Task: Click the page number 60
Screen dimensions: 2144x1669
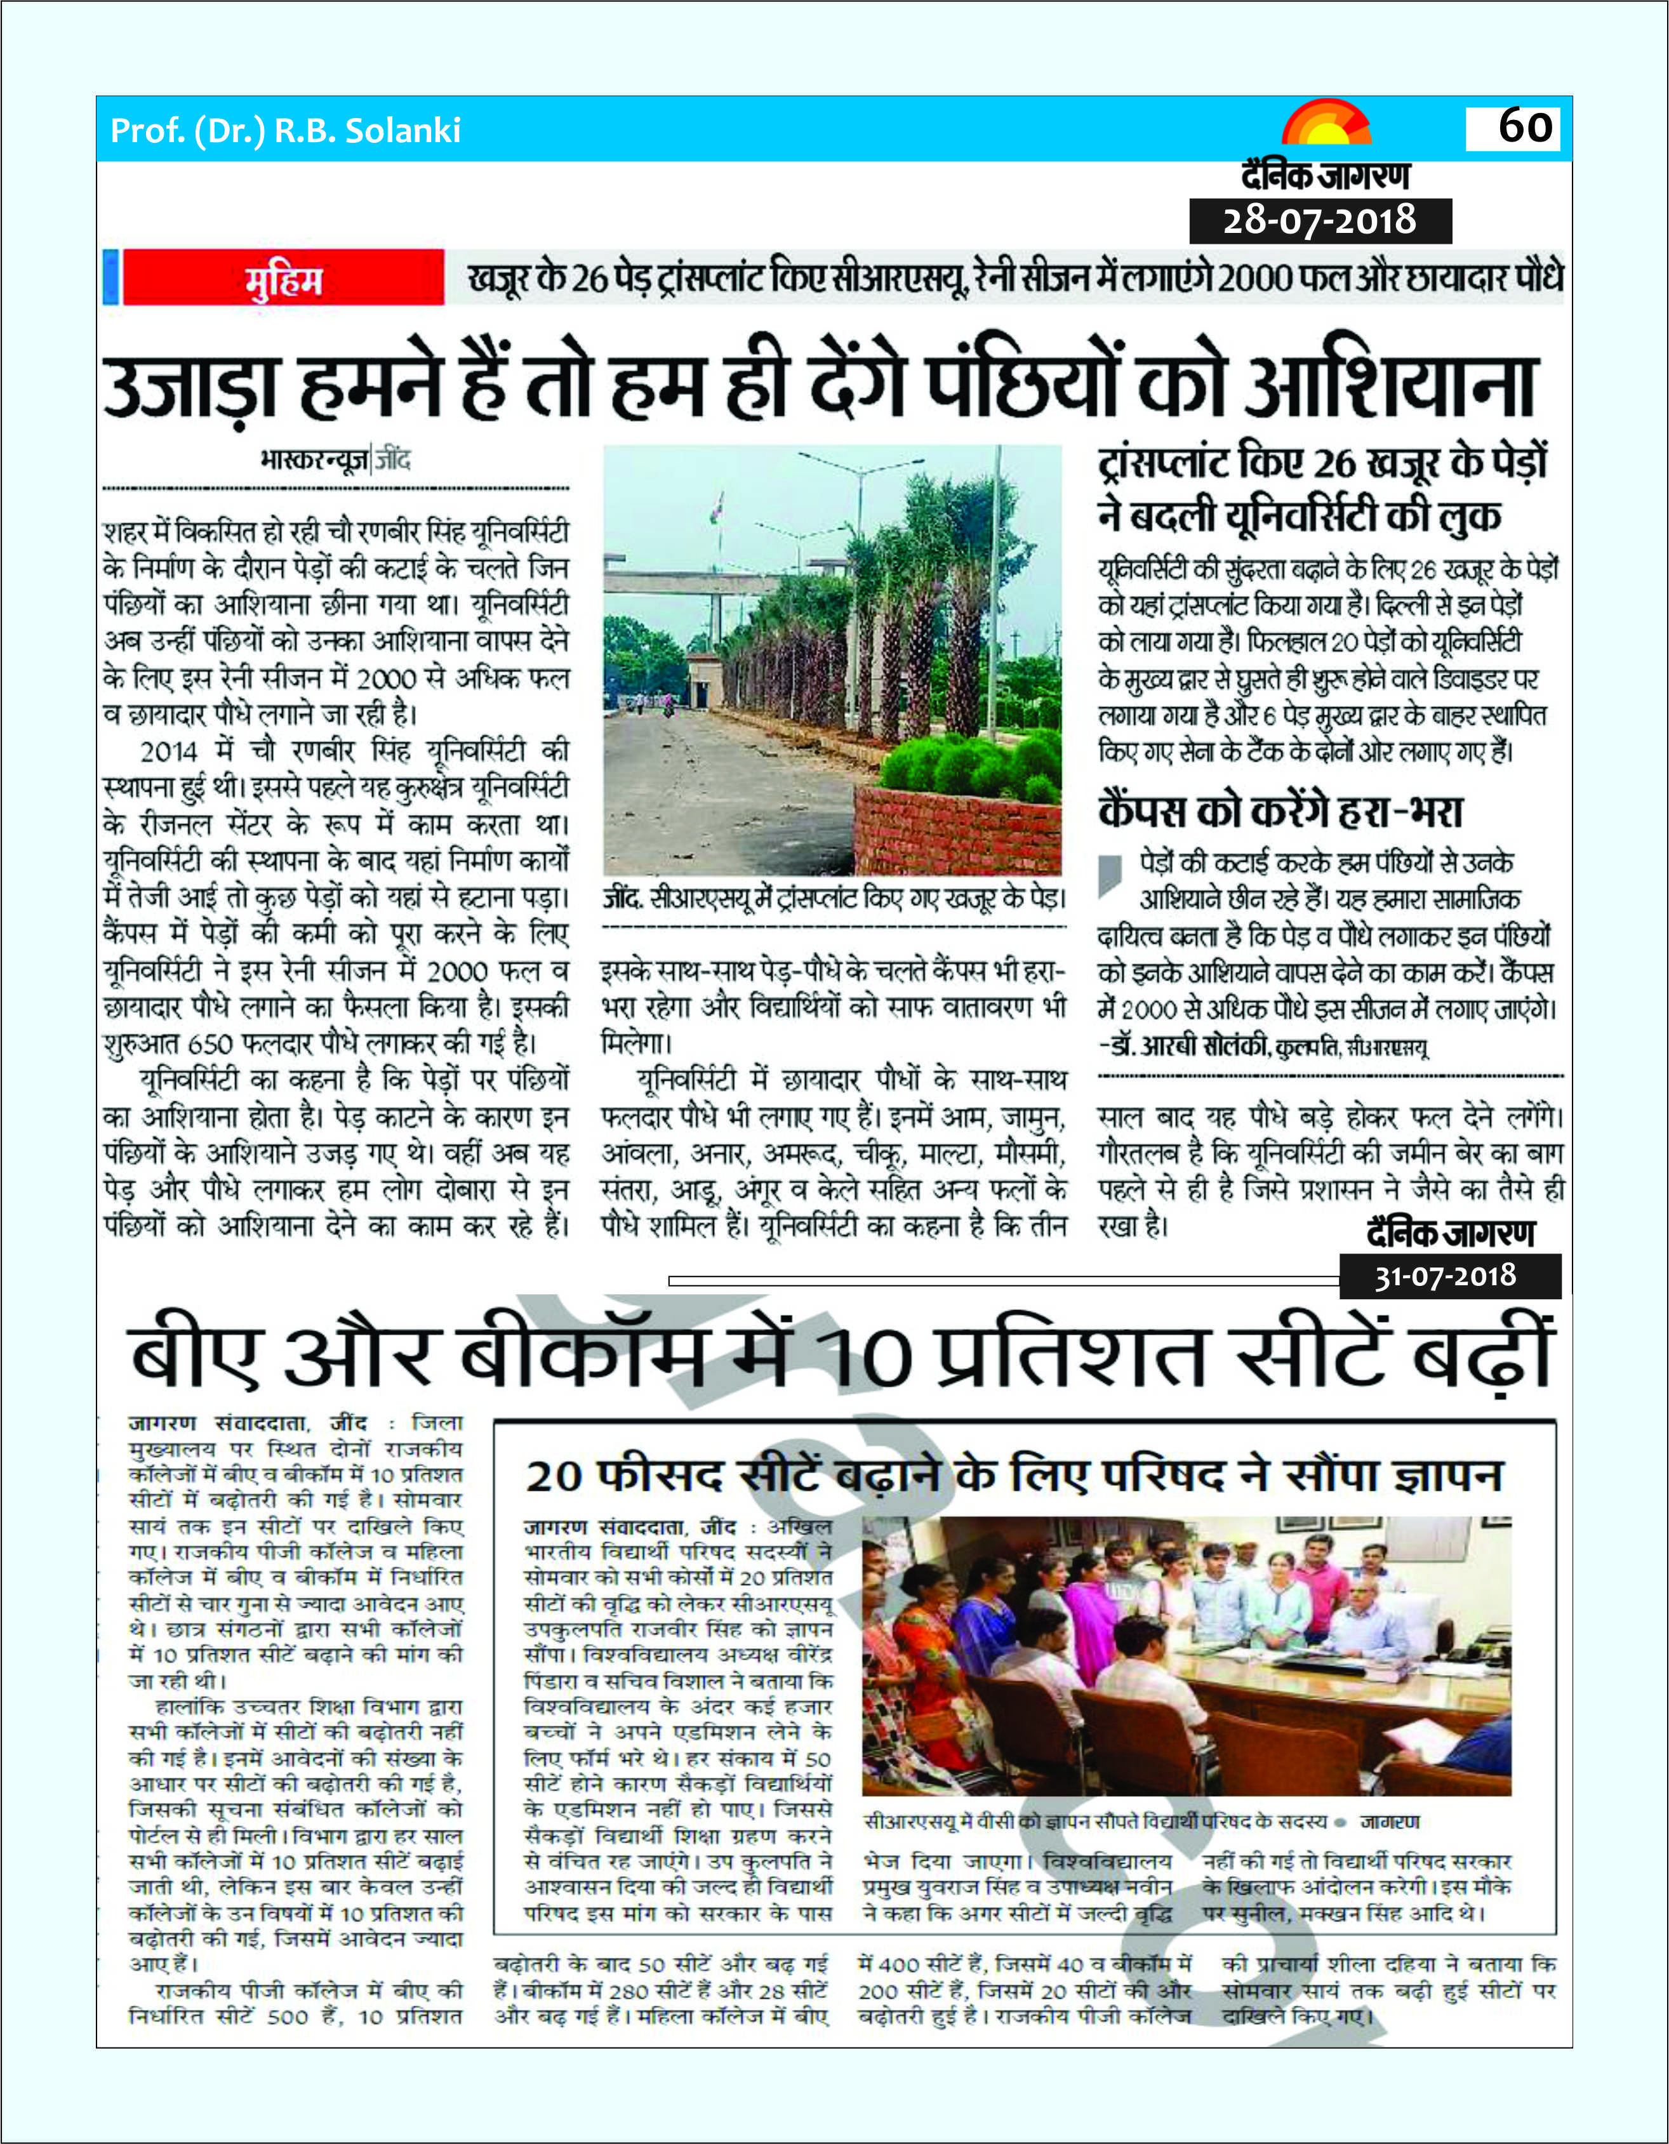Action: click(1526, 127)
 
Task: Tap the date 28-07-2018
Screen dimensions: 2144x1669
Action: click(1319, 220)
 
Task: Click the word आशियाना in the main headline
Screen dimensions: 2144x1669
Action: click(1389, 386)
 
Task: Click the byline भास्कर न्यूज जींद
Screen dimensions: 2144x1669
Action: click(335, 460)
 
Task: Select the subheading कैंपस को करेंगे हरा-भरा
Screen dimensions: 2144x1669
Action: click(1280, 811)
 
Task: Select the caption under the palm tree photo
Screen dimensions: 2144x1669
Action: click(834, 898)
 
